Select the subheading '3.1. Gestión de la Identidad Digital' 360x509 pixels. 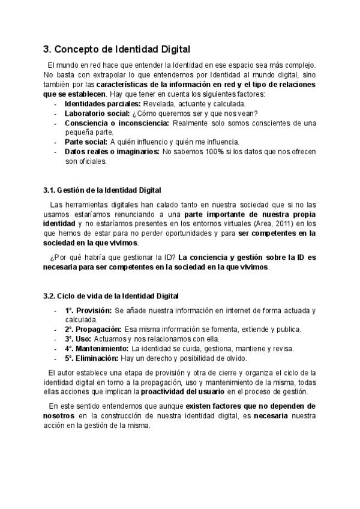click(x=102, y=190)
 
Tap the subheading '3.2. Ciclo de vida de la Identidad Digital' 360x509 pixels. click(x=110, y=296)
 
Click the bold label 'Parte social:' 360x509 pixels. click(x=86, y=142)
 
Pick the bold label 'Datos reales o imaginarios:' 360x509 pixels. click(x=112, y=151)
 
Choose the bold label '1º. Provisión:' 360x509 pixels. click(x=88, y=310)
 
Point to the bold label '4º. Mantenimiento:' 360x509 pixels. click(x=97, y=349)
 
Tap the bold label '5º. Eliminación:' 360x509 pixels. click(x=92, y=358)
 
